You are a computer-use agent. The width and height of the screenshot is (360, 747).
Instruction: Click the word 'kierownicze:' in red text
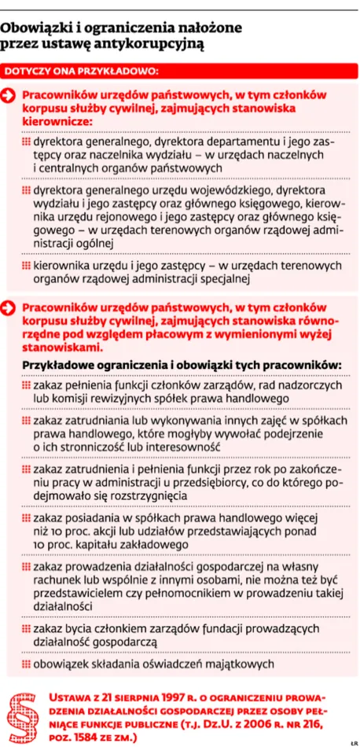click(57, 122)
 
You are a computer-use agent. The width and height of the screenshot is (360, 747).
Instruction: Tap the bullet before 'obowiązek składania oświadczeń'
click(26, 664)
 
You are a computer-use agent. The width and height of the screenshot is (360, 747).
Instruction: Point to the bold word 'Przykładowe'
click(58, 366)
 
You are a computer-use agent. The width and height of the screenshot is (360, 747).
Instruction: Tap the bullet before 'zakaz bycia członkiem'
click(26, 629)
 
